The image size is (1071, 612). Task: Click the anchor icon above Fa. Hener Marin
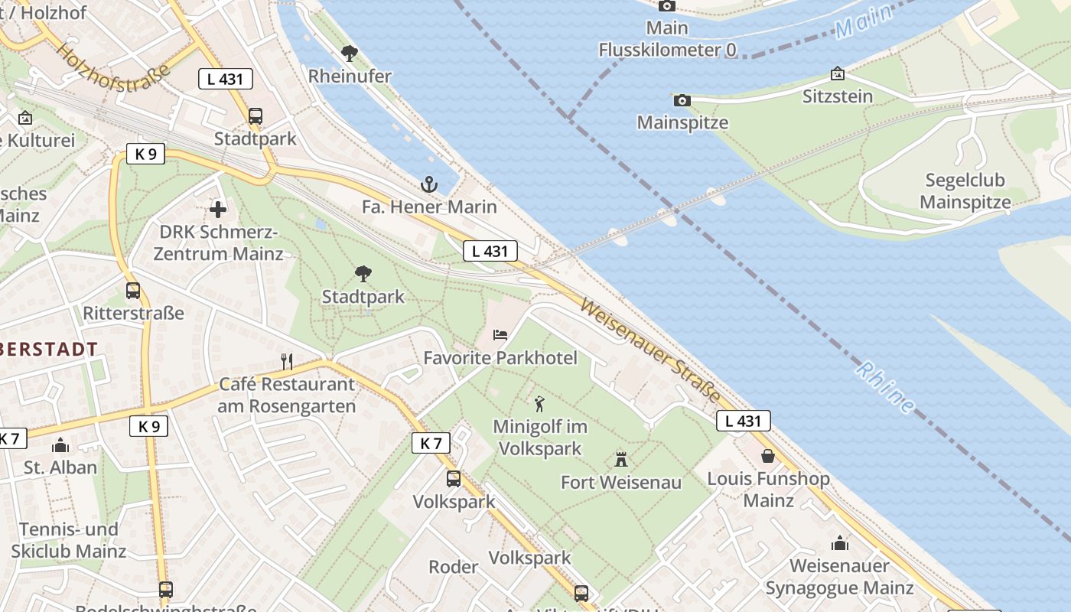[429, 184]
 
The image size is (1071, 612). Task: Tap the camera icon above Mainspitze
[682, 100]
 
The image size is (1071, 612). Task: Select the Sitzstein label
[838, 96]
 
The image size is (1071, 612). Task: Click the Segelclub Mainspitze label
[965, 191]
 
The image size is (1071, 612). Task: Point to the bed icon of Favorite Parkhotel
[500, 335]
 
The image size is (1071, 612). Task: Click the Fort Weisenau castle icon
[621, 460]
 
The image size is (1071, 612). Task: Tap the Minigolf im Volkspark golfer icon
[539, 403]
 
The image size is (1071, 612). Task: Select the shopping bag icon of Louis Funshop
[768, 456]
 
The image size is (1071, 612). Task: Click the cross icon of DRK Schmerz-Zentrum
[218, 208]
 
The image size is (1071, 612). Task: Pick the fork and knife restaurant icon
[287, 361]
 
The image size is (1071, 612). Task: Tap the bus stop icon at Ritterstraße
[133, 291]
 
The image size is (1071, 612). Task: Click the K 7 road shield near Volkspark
[431, 442]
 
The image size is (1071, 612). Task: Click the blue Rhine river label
[885, 387]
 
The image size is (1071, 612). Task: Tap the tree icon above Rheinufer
[350, 54]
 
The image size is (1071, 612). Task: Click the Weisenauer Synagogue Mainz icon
[840, 543]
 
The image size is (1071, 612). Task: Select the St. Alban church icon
[60, 445]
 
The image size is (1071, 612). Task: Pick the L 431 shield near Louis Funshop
[743, 421]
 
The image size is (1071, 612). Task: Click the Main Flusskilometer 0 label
[667, 39]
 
